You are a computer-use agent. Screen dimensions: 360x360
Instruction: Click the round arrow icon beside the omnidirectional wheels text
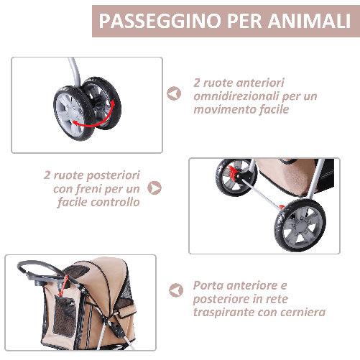(173, 94)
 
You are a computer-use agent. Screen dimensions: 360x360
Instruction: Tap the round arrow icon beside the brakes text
(154, 188)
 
